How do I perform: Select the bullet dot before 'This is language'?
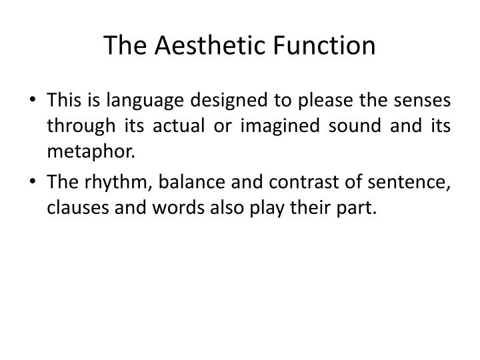(33, 101)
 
